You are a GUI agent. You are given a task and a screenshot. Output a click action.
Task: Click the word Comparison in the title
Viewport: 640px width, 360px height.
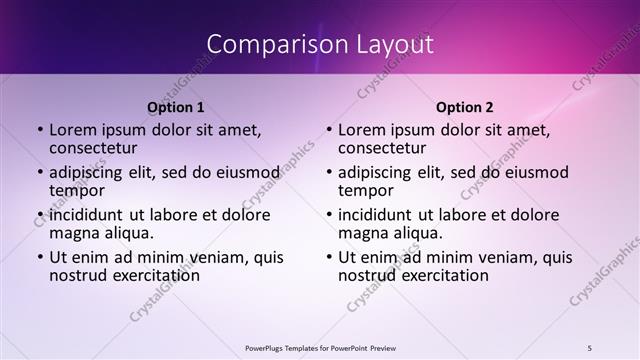265,44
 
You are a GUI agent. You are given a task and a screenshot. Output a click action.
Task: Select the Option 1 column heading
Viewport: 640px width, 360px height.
176,106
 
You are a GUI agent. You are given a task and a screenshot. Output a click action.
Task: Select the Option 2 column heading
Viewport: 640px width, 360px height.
465,106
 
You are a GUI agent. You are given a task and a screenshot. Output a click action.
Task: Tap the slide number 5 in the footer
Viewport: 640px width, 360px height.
590,347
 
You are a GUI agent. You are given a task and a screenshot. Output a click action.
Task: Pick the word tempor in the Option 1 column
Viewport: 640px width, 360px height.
77,190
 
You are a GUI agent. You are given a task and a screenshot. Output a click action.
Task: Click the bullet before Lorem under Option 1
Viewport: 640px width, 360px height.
40,130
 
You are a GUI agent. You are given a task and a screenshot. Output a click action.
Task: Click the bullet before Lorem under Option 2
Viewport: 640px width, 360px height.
329,130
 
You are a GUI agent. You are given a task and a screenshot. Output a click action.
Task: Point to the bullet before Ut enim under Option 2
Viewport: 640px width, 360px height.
329,257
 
